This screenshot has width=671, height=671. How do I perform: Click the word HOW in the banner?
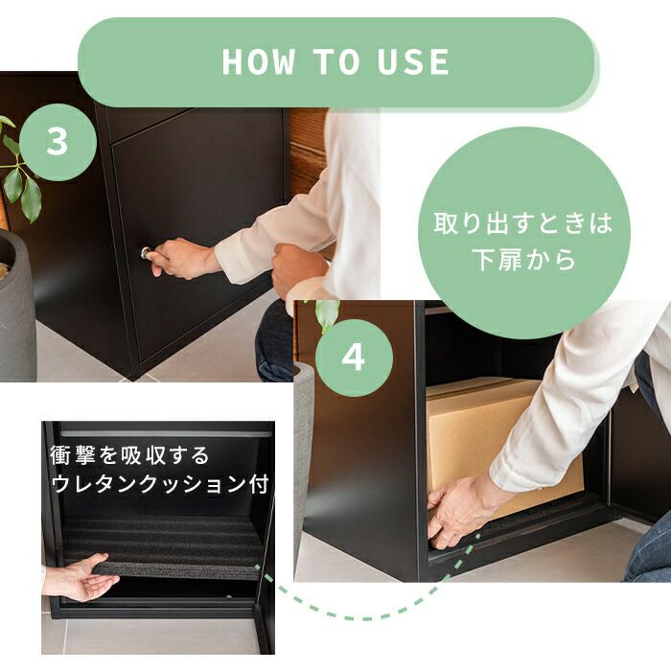click(x=259, y=62)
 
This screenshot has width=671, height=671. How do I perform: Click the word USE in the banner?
click(x=413, y=62)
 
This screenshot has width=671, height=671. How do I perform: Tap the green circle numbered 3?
click(x=58, y=142)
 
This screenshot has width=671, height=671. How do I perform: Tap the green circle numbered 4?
click(x=354, y=358)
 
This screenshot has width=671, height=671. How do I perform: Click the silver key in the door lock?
click(x=147, y=252)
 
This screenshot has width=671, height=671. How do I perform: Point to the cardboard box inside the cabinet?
click(x=500, y=445)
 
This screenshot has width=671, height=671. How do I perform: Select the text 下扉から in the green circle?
click(x=523, y=260)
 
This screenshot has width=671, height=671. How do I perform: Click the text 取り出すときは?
click(x=523, y=223)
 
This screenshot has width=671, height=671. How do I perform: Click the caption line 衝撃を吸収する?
click(x=129, y=455)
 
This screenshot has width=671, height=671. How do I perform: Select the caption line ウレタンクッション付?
click(x=160, y=484)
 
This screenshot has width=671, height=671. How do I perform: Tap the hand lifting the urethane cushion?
click(x=80, y=577)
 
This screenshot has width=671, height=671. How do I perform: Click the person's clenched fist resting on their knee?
click(x=298, y=267)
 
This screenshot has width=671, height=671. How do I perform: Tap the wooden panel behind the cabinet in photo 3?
click(x=309, y=151)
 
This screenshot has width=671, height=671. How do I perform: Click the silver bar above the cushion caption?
click(x=166, y=434)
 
